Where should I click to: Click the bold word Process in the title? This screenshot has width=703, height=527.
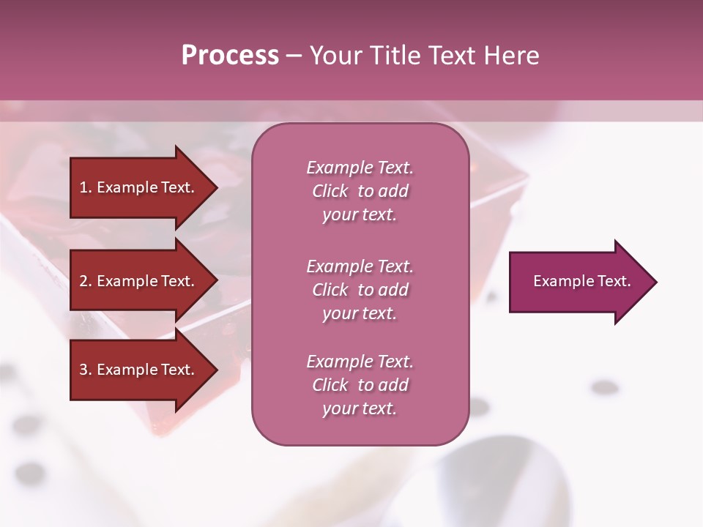coord(230,56)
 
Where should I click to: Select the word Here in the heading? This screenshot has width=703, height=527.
coord(510,56)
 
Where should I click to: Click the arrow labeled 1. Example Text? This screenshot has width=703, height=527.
coord(139,187)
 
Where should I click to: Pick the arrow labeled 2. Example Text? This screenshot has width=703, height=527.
coord(139,281)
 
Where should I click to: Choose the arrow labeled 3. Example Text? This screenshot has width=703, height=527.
coord(139,370)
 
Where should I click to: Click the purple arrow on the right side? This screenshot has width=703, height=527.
coord(579,282)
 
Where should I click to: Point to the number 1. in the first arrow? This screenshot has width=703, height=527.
coord(86,187)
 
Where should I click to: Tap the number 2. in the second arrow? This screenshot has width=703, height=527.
coord(86,281)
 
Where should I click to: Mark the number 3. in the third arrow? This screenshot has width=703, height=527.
coord(86,370)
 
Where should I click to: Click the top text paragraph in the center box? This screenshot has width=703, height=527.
coord(360,191)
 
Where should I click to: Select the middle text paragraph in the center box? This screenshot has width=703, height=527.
coord(360,290)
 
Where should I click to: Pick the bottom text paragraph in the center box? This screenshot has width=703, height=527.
coord(360,385)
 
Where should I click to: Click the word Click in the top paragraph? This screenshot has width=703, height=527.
coord(330,191)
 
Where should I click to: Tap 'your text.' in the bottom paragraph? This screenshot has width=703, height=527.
coord(360,408)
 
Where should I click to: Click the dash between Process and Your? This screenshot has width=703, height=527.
coord(294,56)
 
